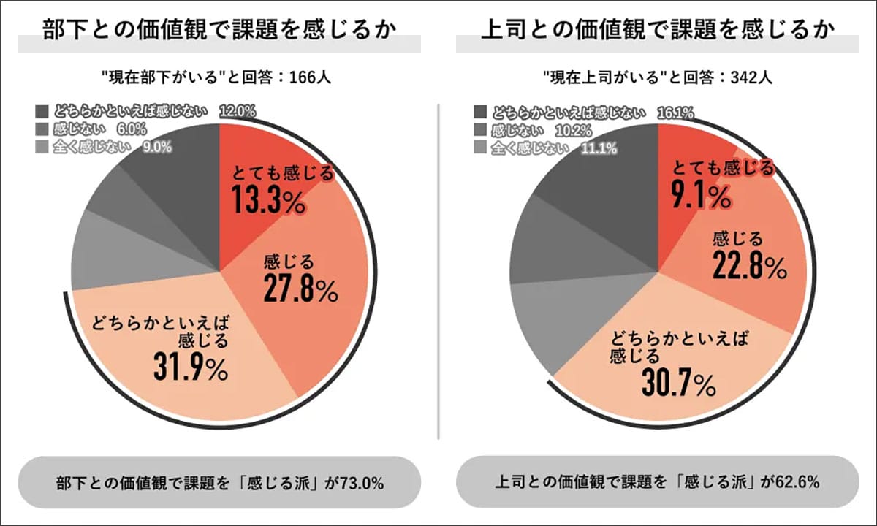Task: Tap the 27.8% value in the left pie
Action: tap(300, 289)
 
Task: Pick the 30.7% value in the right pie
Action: tap(677, 384)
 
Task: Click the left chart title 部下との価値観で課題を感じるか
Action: tap(219, 31)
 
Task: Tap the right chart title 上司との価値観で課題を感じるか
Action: tap(658, 31)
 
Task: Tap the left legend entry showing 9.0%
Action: tap(103, 147)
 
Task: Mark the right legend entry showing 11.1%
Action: tap(545, 147)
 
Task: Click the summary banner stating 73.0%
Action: tap(219, 484)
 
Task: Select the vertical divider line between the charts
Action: tap(438, 270)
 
